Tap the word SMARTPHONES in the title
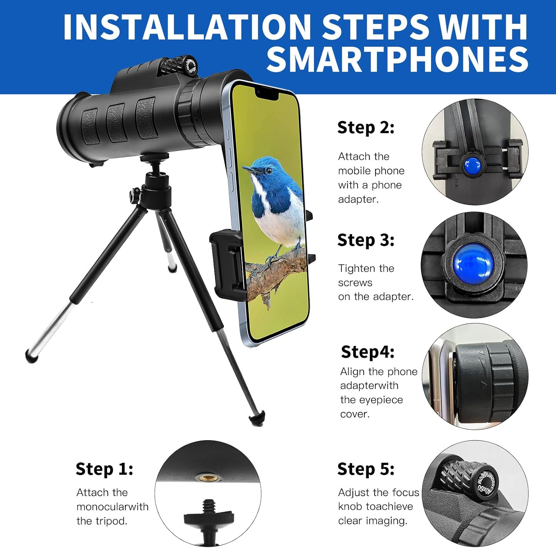397,59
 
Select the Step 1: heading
104,469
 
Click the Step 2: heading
365,128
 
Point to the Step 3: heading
365,240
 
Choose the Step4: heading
367,352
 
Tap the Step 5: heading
365,469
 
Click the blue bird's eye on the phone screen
268,171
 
